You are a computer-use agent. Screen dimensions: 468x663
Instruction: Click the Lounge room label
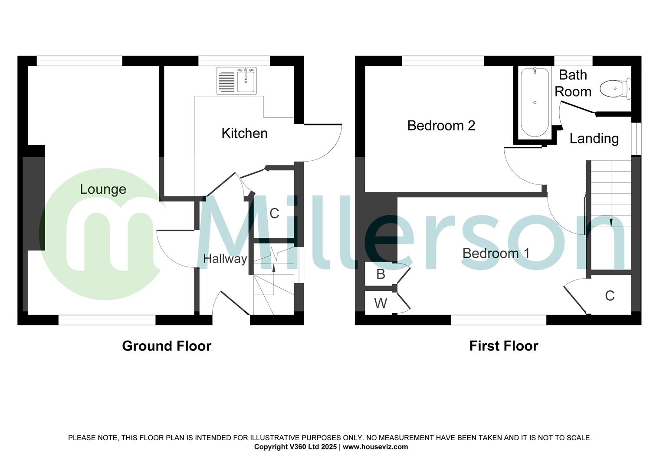(103, 189)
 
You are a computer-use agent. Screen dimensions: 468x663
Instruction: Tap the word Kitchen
(244, 133)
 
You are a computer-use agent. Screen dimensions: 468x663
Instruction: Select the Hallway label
(225, 259)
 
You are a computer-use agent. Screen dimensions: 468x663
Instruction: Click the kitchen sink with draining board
(236, 80)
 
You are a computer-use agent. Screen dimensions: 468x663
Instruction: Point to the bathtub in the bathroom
(535, 102)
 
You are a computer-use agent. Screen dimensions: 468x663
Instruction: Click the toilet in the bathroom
(615, 88)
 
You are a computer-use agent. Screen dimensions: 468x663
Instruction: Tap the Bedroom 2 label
(441, 126)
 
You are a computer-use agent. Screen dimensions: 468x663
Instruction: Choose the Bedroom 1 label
(496, 253)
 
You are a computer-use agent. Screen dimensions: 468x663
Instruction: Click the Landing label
(594, 139)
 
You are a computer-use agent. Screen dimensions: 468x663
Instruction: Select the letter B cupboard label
(381, 274)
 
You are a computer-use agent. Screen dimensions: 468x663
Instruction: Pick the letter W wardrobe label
(381, 303)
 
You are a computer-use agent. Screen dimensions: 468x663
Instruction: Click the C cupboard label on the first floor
(609, 296)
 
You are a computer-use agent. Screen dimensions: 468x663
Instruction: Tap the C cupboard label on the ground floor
(274, 213)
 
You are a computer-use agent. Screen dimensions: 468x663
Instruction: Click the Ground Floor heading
(167, 346)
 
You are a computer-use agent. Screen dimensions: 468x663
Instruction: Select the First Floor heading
(503, 346)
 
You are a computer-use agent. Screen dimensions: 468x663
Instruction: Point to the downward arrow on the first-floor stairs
(611, 222)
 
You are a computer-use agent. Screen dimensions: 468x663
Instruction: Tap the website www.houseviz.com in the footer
(375, 447)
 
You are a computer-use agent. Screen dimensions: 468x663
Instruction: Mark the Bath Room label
(573, 83)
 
